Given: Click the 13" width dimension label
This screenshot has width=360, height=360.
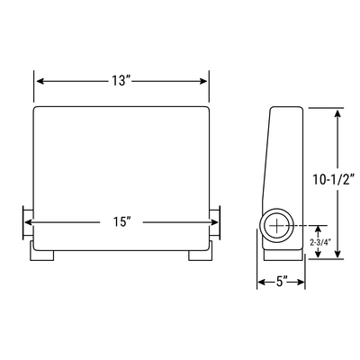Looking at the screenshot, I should pyautogui.click(x=121, y=81).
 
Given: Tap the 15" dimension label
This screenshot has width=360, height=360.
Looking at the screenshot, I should pyautogui.click(x=121, y=220).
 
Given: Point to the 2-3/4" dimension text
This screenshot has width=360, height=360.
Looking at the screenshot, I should pyautogui.click(x=319, y=243).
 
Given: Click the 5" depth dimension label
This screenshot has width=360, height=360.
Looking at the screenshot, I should pyautogui.click(x=281, y=282).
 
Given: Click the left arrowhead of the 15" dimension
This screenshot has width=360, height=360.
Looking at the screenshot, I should pyautogui.click(x=27, y=220).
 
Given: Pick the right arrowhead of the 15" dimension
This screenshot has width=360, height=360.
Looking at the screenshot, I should pyautogui.click(x=215, y=220).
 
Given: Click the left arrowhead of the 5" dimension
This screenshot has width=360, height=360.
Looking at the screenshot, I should pyautogui.click(x=262, y=282).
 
